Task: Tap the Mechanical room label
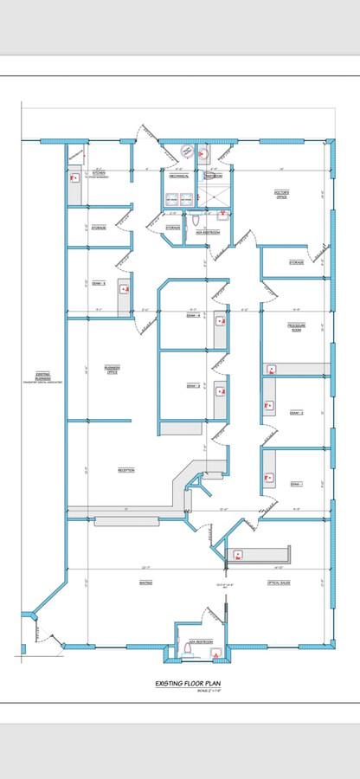coord(179,176)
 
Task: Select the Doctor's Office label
coord(281,196)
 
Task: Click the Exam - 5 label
coord(98,283)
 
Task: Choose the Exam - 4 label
coord(194,316)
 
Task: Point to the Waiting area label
coord(145,583)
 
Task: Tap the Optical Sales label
coord(279,583)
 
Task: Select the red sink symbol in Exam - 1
coord(270,476)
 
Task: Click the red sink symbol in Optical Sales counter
coord(238,554)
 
